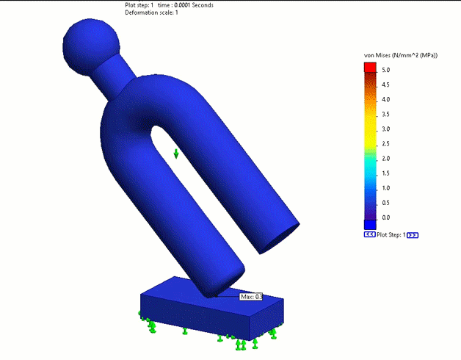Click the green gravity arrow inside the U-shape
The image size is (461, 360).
tap(176, 153)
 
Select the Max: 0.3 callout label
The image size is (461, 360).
tap(251, 297)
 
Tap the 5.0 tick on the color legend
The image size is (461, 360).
tap(385, 70)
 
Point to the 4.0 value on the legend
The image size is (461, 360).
tap(385, 99)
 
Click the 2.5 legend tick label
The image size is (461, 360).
tap(385, 143)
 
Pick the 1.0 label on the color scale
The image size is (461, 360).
tap(385, 188)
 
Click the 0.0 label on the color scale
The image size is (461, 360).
tap(385, 217)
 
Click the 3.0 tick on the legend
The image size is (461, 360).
tap(385, 129)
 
